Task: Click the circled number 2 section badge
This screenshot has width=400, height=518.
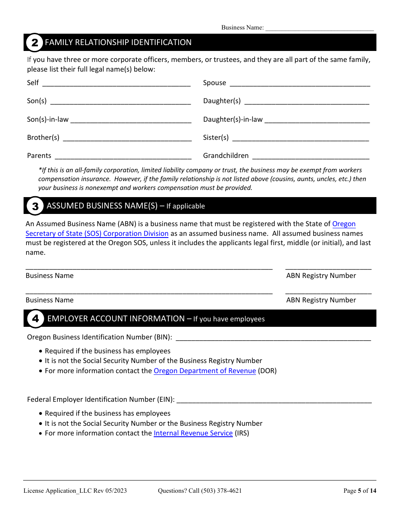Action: point(35,43)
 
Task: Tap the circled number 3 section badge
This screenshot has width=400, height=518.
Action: point(35,206)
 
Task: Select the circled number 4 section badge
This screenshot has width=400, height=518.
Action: point(35,319)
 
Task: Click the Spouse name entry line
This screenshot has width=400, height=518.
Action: point(300,83)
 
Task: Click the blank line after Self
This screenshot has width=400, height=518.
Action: point(117,83)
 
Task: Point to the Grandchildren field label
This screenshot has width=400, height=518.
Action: point(226,156)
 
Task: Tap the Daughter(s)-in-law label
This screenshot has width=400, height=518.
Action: point(233,120)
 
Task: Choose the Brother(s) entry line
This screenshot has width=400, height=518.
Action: point(127,138)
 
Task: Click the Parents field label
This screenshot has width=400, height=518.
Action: point(39,156)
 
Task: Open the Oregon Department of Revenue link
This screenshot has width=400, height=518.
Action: point(205,371)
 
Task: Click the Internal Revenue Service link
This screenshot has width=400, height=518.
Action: point(193,433)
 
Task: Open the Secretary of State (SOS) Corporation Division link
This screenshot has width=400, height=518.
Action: point(97,234)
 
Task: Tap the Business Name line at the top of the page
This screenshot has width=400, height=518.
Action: point(319,28)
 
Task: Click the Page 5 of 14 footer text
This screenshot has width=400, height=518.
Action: point(360,491)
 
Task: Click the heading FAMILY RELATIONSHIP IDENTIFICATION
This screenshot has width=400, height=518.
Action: point(118,43)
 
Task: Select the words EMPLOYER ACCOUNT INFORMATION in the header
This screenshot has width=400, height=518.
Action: point(116,319)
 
